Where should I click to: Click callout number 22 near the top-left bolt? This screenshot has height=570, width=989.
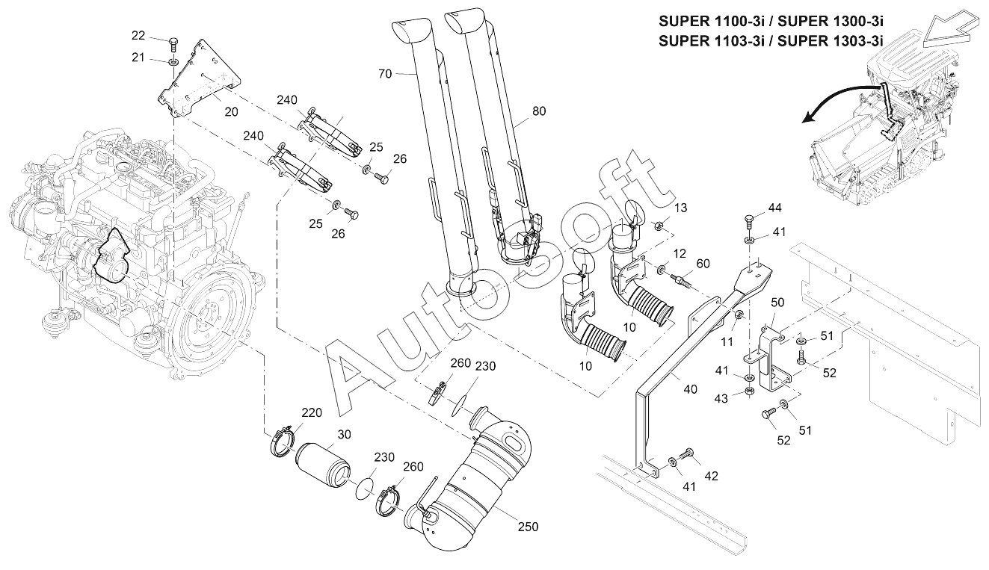138,35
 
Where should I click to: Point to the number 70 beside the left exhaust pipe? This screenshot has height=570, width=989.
385,73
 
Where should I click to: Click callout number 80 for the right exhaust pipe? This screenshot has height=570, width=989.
539,111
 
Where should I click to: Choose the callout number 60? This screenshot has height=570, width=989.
703,264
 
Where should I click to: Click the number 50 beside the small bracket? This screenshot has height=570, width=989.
777,302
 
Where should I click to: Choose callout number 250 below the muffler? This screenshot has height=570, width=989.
528,526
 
